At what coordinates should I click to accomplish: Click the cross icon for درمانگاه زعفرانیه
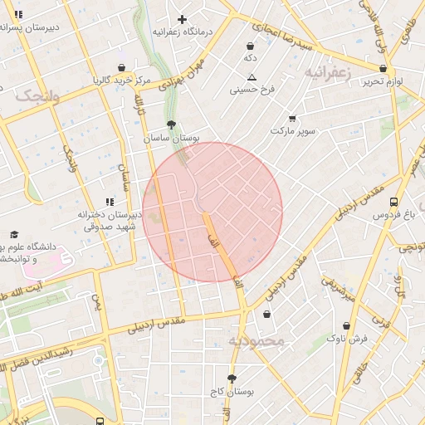[x=182, y=19]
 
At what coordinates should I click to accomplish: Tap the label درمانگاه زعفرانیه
[x=182, y=32]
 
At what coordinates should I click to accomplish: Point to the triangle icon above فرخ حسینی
[x=252, y=77]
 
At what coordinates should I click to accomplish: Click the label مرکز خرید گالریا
[x=121, y=81]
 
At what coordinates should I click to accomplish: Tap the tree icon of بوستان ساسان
[x=171, y=124]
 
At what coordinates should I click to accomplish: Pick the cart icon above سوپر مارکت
[x=291, y=119]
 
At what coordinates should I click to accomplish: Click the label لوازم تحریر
[x=383, y=81]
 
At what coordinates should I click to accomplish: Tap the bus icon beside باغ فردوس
[x=393, y=202]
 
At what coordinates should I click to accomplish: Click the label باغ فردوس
[x=393, y=215]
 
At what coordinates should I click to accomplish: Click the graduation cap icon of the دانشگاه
[x=14, y=235]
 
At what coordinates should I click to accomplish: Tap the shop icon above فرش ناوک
[x=346, y=325]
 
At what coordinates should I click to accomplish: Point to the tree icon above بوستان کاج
[x=232, y=379]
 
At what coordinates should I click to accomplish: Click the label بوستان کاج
[x=232, y=391]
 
